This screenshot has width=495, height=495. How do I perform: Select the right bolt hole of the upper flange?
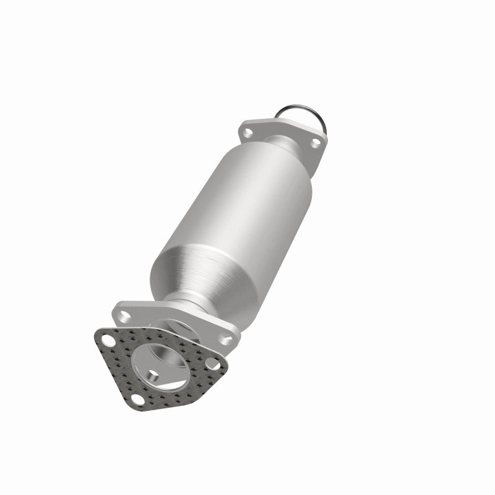point(315,143)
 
